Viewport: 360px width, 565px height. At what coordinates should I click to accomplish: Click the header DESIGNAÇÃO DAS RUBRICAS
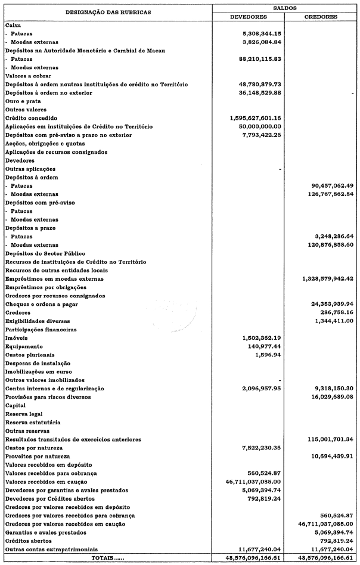108,12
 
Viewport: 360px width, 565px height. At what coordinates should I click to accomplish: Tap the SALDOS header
286,7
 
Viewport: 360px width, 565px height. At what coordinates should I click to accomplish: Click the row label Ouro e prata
21,101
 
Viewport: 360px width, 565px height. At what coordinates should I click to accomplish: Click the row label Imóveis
16,338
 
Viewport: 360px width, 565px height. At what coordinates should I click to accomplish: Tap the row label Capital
15,405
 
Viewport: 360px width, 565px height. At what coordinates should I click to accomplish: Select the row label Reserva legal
23,414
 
